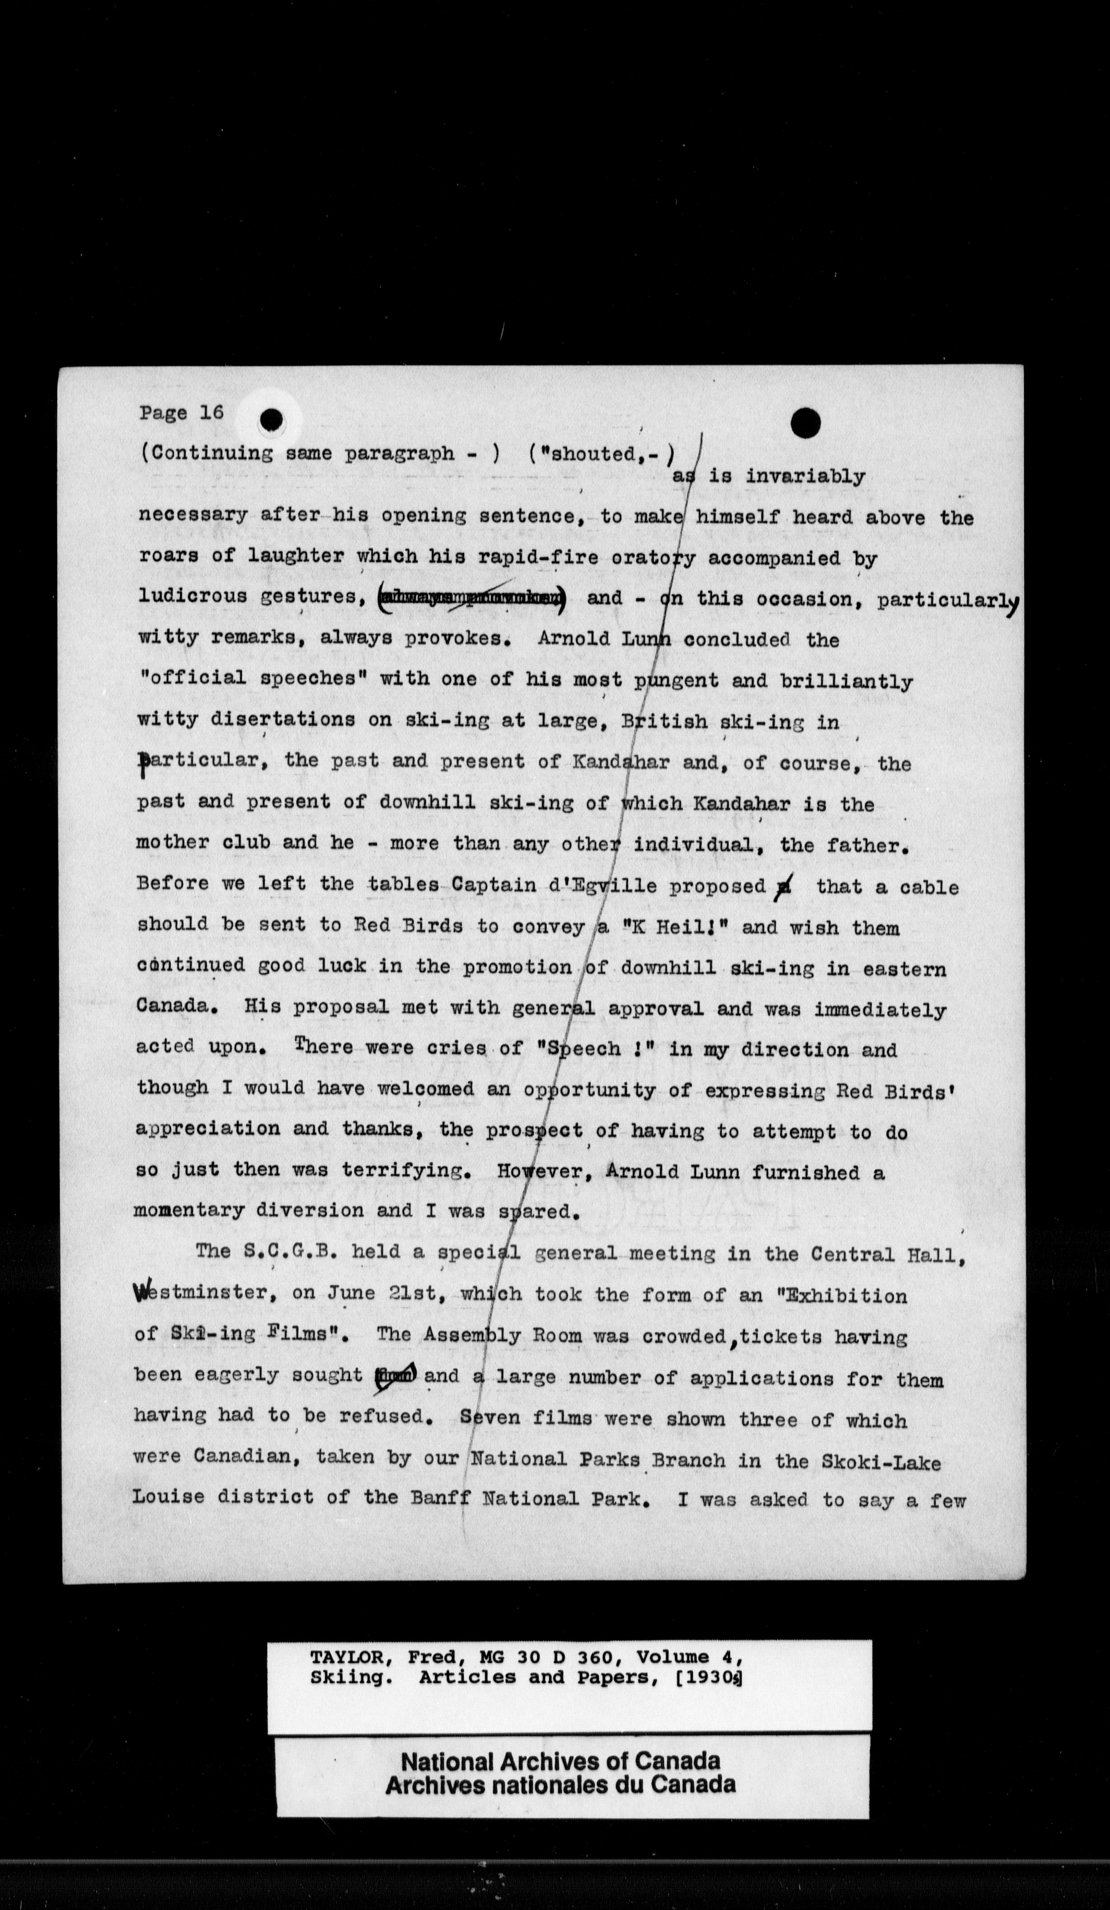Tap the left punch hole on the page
[x=270, y=420]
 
